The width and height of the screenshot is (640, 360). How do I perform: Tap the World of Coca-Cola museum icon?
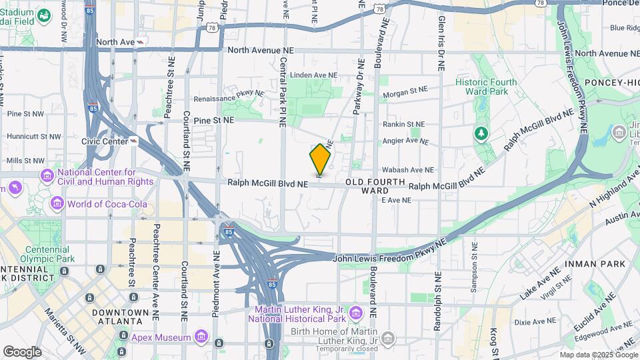coord(57,203)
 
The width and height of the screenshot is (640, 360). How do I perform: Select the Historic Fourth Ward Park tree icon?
coord(481,134)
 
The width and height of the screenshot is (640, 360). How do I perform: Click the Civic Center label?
coord(105,141)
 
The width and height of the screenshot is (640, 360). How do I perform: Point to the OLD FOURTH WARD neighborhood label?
coord(375,186)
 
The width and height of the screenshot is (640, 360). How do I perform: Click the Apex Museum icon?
coord(199,337)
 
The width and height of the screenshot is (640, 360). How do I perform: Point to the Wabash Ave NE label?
coord(409,170)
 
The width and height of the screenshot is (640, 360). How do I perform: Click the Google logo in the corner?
coord(22,352)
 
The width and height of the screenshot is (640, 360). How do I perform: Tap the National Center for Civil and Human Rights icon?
coord(47,176)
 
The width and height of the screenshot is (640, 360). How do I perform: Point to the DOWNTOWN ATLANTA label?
coord(120,317)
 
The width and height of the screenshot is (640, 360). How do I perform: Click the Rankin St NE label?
coord(403,124)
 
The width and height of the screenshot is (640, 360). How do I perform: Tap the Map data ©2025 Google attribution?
coord(598,355)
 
